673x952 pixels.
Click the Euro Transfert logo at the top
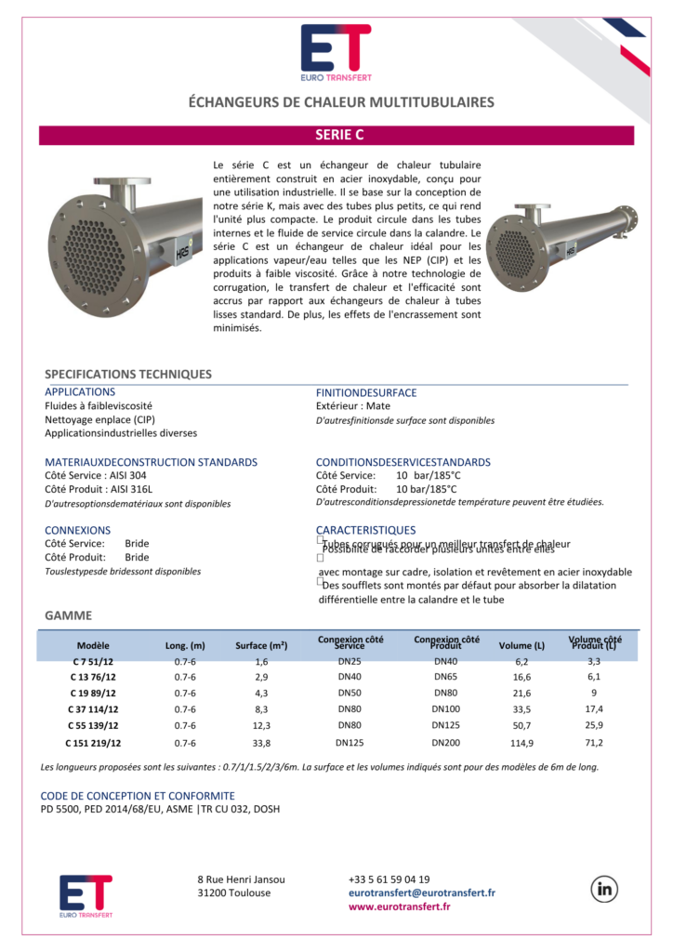336,51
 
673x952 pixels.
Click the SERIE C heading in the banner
338,135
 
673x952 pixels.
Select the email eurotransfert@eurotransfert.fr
422,892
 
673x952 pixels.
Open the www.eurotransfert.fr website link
400,906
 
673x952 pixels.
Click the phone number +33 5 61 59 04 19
389,879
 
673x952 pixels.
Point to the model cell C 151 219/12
93,743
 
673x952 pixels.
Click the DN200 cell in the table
445,743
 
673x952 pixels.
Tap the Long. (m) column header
185,645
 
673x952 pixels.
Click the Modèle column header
93,645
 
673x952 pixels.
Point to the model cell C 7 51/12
93,661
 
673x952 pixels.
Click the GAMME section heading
68,615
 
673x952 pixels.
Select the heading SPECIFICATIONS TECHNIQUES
128,374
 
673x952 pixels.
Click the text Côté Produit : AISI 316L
99,489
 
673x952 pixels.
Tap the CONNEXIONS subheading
78,530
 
